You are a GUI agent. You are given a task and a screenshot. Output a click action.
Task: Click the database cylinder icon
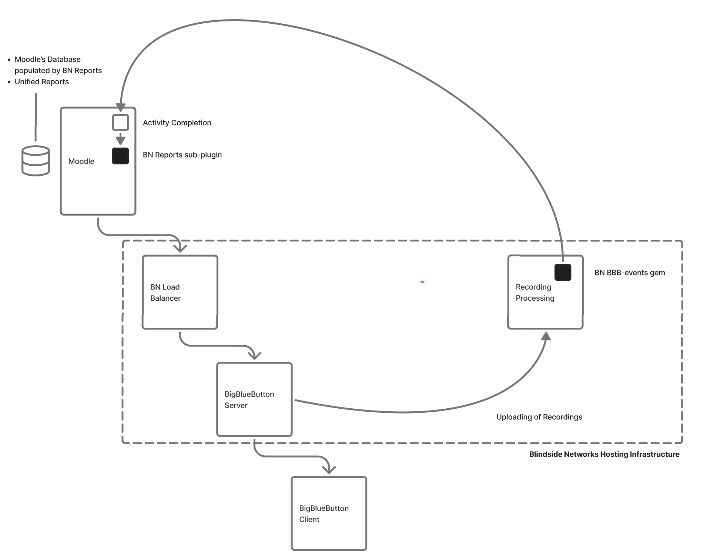click(36, 161)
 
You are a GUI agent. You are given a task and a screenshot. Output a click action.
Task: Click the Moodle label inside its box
click(81, 161)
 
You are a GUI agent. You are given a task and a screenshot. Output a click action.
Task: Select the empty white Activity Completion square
click(120, 122)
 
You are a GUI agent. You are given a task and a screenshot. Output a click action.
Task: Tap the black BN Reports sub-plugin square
click(120, 156)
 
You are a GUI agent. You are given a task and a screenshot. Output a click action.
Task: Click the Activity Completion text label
click(177, 123)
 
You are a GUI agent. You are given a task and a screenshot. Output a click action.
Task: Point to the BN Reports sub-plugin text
click(182, 155)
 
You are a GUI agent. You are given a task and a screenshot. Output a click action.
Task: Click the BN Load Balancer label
click(165, 293)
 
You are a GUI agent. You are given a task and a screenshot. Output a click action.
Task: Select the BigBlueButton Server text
click(249, 400)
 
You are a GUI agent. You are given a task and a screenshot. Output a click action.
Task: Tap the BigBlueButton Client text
click(324, 514)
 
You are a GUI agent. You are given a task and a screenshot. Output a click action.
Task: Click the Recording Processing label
click(535, 293)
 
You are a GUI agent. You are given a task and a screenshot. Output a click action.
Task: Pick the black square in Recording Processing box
click(562, 272)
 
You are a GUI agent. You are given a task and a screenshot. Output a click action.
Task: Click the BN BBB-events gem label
click(629, 273)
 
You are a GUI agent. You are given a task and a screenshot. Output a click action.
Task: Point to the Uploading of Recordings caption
click(539, 417)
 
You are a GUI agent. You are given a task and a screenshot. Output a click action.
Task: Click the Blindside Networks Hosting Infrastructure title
click(604, 455)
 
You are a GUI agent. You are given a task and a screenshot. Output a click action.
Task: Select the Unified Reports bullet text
click(41, 82)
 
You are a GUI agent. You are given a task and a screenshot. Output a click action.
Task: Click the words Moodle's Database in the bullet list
click(47, 60)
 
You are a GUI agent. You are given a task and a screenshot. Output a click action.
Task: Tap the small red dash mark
click(422, 282)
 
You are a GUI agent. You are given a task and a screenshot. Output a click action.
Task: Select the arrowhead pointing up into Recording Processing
click(546, 336)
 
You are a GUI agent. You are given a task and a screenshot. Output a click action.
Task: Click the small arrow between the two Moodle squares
click(120, 139)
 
